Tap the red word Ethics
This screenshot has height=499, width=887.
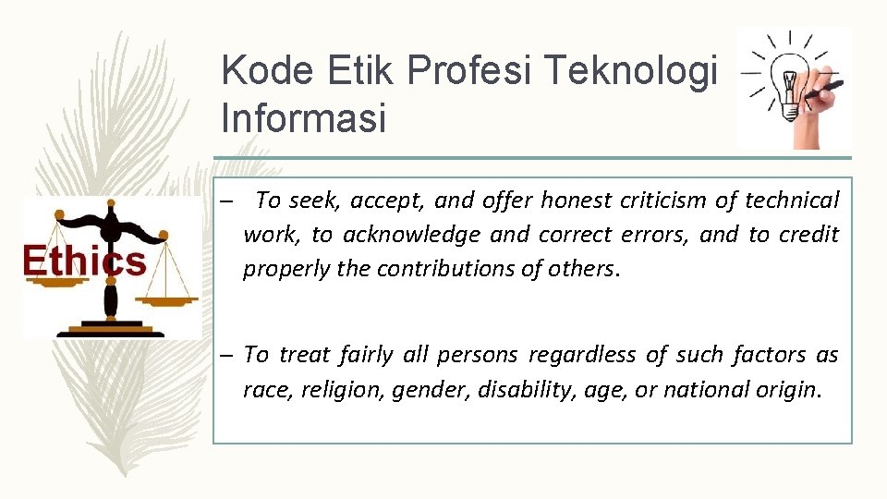(x=85, y=261)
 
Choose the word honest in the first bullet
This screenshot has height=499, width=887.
(x=577, y=200)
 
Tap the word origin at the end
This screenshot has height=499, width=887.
(x=791, y=390)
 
